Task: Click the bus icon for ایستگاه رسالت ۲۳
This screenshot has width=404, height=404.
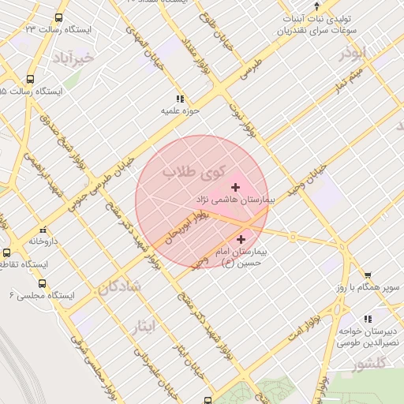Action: [59, 17]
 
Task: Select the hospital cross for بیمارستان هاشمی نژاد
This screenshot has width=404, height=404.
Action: [235, 187]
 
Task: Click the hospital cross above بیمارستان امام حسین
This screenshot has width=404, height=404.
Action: [241, 238]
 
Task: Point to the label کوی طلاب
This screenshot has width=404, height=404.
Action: [194, 170]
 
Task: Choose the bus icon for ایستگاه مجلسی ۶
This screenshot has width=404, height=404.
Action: [41, 282]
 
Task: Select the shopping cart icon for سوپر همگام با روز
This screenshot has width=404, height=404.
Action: [366, 275]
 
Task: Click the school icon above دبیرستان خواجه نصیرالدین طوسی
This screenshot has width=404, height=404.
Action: [367, 319]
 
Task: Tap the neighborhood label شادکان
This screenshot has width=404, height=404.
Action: [119, 287]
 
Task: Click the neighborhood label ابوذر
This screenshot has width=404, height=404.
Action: [352, 54]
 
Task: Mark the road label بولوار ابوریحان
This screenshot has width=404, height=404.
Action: [196, 226]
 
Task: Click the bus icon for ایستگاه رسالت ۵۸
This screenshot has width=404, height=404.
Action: [30, 79]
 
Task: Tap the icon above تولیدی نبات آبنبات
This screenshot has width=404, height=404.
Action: [316, 5]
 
